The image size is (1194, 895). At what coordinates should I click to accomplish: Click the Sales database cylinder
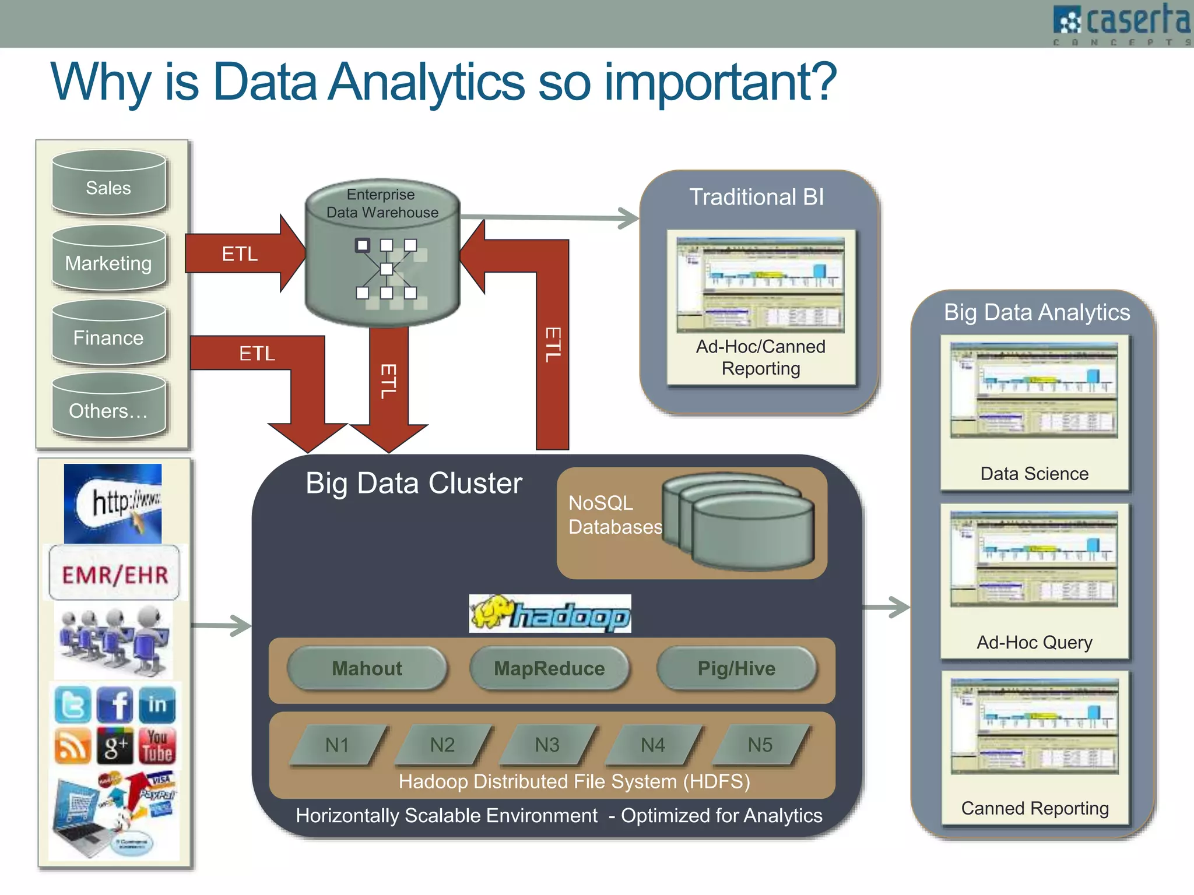(109, 185)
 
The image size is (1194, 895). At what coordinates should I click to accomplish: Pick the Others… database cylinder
(109, 408)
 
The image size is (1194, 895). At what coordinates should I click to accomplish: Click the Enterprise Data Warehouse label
(382, 203)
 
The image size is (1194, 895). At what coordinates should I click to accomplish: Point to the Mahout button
(367, 668)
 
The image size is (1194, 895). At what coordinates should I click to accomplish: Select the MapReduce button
(549, 668)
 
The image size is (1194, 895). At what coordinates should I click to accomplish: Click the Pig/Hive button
(736, 668)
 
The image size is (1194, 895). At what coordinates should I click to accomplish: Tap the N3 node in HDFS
(547, 745)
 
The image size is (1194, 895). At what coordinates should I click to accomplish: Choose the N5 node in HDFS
(760, 745)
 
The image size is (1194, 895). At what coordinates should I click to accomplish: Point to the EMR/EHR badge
(115, 574)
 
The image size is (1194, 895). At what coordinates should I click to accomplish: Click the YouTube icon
(157, 745)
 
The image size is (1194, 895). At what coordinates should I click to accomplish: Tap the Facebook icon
(115, 704)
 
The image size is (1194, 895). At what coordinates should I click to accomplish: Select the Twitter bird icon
(72, 704)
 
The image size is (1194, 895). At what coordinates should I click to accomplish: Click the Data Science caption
(1034, 474)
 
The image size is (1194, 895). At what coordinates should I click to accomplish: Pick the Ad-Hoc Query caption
(1034, 642)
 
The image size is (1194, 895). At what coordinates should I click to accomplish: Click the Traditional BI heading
(756, 197)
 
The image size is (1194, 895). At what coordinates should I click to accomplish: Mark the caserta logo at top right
(1122, 23)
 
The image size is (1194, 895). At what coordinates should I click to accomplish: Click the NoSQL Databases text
(614, 515)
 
